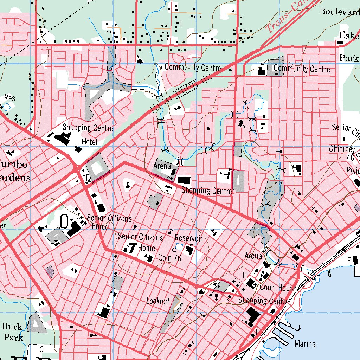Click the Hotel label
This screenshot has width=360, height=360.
click(89, 142)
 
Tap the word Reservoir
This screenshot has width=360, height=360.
click(189, 238)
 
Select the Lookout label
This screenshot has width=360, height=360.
click(158, 301)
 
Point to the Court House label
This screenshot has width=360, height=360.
click(278, 288)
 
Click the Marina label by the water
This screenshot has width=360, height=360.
click(305, 344)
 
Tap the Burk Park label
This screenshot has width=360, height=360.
click(13, 332)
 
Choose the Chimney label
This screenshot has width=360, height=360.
click(342, 149)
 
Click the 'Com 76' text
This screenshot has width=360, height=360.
click(170, 258)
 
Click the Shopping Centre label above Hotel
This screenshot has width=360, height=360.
click(88, 128)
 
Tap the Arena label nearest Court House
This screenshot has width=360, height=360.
click(253, 256)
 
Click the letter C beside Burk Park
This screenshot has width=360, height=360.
click(41, 349)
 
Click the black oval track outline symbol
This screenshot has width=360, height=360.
click(64, 221)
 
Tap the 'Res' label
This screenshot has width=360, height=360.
click(10, 98)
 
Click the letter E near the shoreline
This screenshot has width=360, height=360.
click(349, 261)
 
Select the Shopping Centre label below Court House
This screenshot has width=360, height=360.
click(263, 301)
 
